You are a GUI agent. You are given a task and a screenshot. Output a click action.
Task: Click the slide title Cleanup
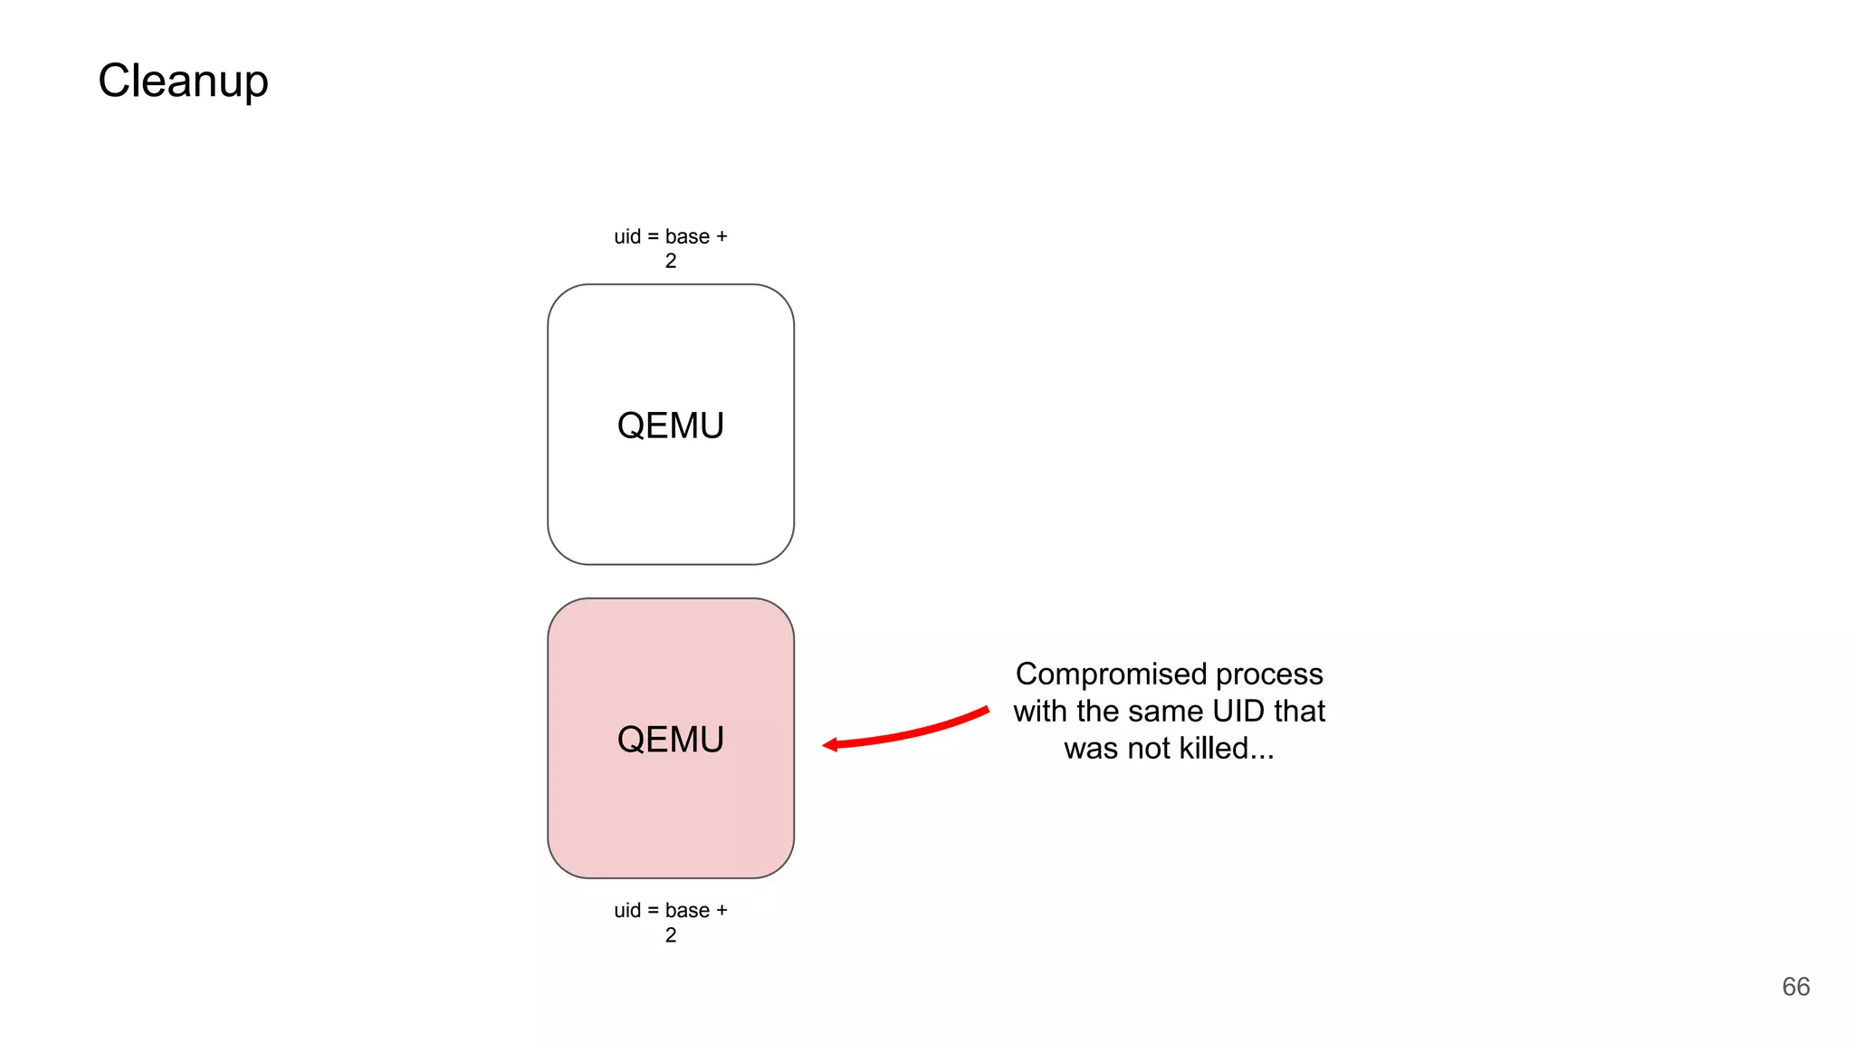pos(183,81)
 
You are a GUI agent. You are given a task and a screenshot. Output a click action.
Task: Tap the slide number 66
pos(1795,987)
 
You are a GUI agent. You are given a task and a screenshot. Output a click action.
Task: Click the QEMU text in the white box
pos(670,426)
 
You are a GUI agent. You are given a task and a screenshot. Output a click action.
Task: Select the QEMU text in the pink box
pos(670,740)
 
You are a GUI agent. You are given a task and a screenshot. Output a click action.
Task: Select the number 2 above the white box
pos(671,261)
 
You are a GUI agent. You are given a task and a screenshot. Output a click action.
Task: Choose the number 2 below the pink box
pos(671,935)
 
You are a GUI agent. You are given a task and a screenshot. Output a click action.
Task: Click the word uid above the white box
pos(627,237)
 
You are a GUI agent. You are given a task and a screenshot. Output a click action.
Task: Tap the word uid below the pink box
pos(627,911)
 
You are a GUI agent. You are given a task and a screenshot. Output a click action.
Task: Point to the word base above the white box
pos(687,237)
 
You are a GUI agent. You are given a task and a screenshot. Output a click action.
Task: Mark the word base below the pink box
pos(687,911)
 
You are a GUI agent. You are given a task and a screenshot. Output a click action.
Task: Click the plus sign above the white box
pos(722,237)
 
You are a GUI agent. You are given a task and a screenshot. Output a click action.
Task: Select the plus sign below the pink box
pos(722,911)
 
